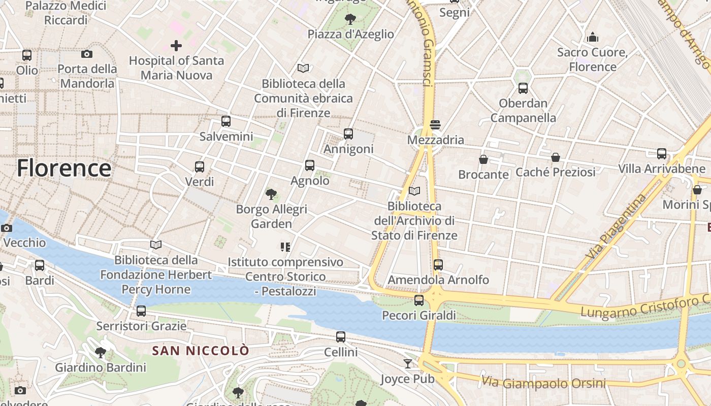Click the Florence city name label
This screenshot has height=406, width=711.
(x=64, y=168)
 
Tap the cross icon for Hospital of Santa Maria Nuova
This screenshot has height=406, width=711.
(x=176, y=46)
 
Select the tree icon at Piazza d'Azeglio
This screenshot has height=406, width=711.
(x=350, y=19)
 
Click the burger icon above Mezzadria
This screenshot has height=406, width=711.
(x=435, y=124)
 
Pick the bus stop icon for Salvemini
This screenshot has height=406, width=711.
(x=226, y=121)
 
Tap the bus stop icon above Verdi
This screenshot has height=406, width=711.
(x=200, y=166)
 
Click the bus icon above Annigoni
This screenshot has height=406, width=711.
(x=348, y=134)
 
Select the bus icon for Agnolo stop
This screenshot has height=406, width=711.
(x=310, y=165)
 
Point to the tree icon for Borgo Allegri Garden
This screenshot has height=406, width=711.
(x=271, y=194)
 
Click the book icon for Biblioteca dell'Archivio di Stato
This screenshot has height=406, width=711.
(x=414, y=191)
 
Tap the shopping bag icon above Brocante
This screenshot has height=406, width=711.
(x=483, y=159)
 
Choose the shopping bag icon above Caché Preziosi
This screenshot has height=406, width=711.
(x=556, y=157)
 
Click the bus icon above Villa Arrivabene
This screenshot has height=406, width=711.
(x=662, y=153)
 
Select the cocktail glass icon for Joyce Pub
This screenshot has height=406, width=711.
(x=408, y=363)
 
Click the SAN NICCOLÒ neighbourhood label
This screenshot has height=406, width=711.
(x=201, y=351)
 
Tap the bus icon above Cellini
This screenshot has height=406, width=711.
(x=341, y=336)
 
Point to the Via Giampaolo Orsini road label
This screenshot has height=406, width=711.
(x=543, y=382)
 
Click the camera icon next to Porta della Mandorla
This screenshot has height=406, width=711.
(x=87, y=54)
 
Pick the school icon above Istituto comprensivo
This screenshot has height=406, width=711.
(x=285, y=247)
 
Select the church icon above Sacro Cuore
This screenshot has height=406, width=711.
(x=592, y=37)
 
